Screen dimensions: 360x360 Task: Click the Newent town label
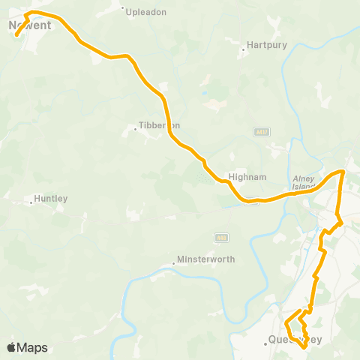click(x=30, y=25)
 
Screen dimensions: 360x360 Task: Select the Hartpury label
click(x=268, y=45)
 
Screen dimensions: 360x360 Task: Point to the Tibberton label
click(x=160, y=126)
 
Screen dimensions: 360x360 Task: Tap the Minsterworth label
click(x=205, y=259)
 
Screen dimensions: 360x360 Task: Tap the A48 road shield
click(x=220, y=237)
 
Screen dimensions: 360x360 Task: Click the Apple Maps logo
click(x=27, y=347)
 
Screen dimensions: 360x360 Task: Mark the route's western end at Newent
click(x=16, y=34)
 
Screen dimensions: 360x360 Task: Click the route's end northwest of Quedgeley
click(x=299, y=310)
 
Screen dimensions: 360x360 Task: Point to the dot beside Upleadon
click(x=123, y=8)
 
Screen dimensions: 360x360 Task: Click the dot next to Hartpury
click(x=247, y=52)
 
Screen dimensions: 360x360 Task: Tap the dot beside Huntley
click(x=31, y=202)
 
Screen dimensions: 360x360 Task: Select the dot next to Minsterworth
click(x=173, y=262)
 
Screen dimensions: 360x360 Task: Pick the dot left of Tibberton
click(x=135, y=129)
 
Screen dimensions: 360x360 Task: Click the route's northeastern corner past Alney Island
click(x=343, y=172)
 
